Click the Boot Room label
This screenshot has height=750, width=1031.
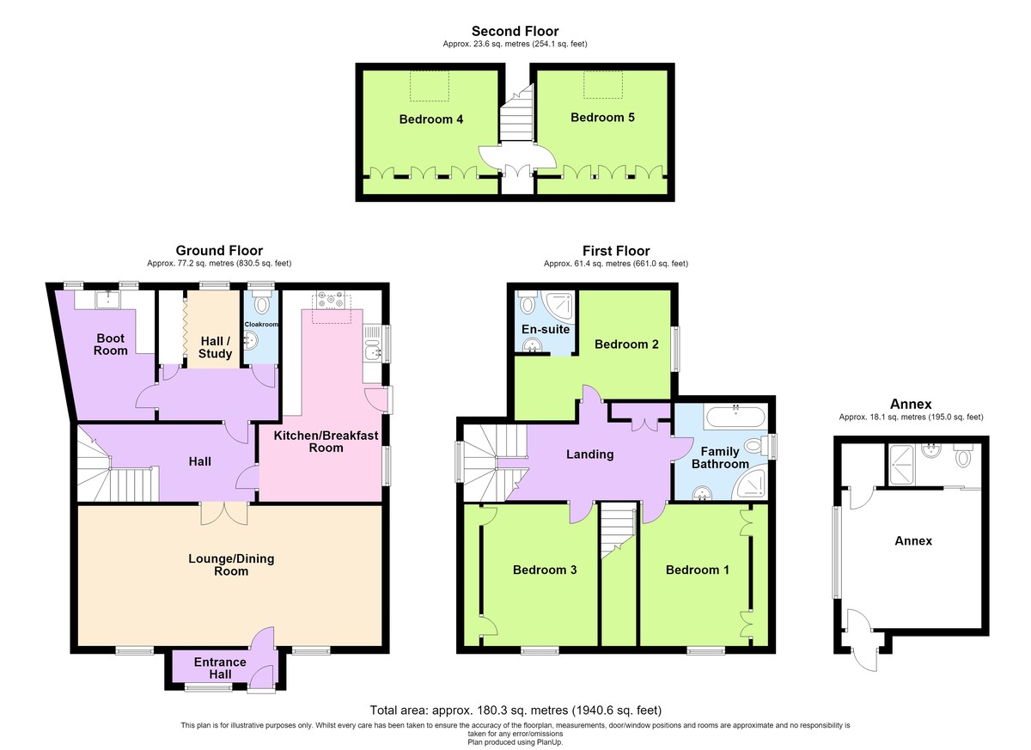tap(111, 345)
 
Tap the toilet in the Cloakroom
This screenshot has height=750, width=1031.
tap(262, 301)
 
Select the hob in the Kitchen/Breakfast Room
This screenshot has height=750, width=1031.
tap(330, 300)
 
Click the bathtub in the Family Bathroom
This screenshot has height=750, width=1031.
tap(736, 417)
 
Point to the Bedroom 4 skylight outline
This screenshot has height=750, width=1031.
tap(430, 86)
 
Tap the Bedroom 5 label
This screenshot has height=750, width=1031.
tap(602, 118)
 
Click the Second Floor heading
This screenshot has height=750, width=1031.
tap(515, 31)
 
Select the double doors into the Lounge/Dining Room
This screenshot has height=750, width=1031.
tap(224, 514)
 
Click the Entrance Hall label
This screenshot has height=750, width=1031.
tap(220, 668)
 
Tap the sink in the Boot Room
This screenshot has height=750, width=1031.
tap(107, 300)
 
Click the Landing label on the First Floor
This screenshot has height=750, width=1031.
tap(589, 454)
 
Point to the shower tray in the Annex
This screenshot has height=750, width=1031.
tap(901, 465)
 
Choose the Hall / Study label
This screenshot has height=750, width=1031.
tap(215, 347)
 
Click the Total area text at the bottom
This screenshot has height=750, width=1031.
tap(515, 710)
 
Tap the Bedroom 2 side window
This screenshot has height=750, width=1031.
tap(675, 349)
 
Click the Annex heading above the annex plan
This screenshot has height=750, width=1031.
tap(911, 404)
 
